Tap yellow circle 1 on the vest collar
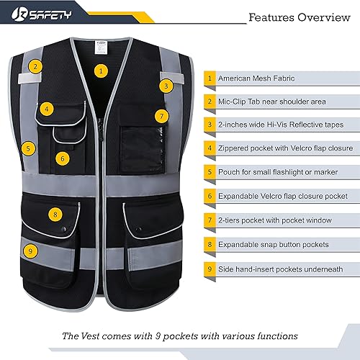tap(102, 71)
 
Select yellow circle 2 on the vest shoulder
tap(36, 66)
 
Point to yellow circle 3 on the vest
tap(166, 85)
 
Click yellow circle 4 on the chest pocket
tap(47, 109)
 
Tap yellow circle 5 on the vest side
tap(28, 149)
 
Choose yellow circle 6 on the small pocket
tap(63, 158)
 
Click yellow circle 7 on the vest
tap(161, 115)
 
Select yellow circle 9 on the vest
tap(30, 251)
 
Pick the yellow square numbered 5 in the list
tap(210, 173)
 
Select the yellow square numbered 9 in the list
tap(210, 268)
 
